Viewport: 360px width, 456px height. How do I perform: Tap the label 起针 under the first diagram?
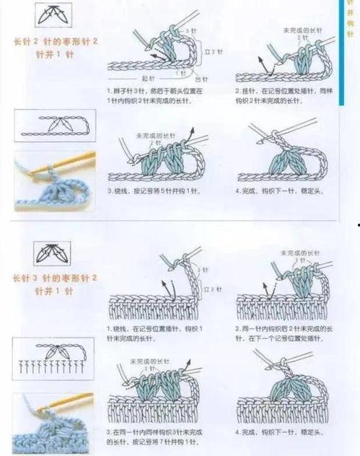(147, 78)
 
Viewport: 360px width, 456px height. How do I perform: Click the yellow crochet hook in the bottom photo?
(65, 401)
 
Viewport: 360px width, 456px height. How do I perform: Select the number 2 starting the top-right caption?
(237, 92)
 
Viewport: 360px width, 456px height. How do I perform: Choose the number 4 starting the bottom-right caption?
(237, 431)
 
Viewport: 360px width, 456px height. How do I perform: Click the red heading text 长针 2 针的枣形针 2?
(53, 41)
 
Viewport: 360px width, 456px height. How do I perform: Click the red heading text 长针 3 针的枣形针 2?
(53, 278)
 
